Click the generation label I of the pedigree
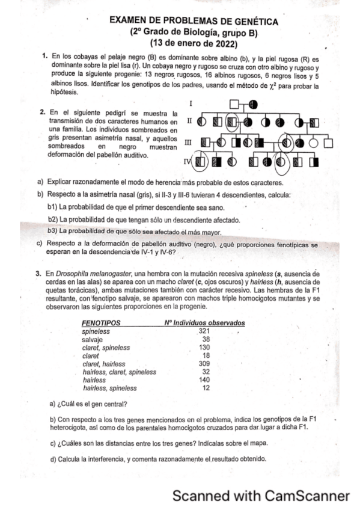(190, 104)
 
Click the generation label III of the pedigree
(188, 143)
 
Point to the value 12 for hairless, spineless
(206, 389)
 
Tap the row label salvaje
(93, 339)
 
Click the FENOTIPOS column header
(100, 323)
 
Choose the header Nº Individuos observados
(204, 323)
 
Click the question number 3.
(38, 274)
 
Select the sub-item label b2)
(53, 220)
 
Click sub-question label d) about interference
(53, 459)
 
